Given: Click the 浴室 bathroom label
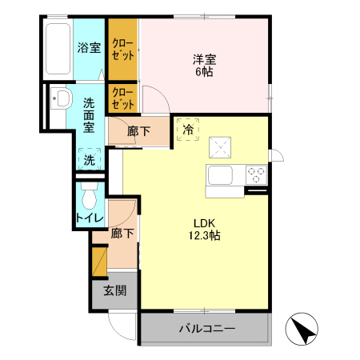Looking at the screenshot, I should (x=89, y=47).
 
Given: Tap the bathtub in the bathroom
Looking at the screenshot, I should (x=58, y=49).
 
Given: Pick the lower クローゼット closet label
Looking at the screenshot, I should (x=122, y=98).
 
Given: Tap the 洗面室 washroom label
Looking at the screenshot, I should (x=90, y=114).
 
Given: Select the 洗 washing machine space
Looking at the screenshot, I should (x=90, y=160).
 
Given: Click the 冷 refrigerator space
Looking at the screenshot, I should (x=189, y=128).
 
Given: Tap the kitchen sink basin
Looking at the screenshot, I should (x=221, y=174).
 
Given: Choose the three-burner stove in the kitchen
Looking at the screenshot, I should (x=256, y=172).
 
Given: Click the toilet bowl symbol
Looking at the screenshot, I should (x=90, y=195).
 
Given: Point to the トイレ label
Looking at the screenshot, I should (x=88, y=217).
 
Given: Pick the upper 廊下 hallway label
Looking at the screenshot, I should (x=139, y=133).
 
